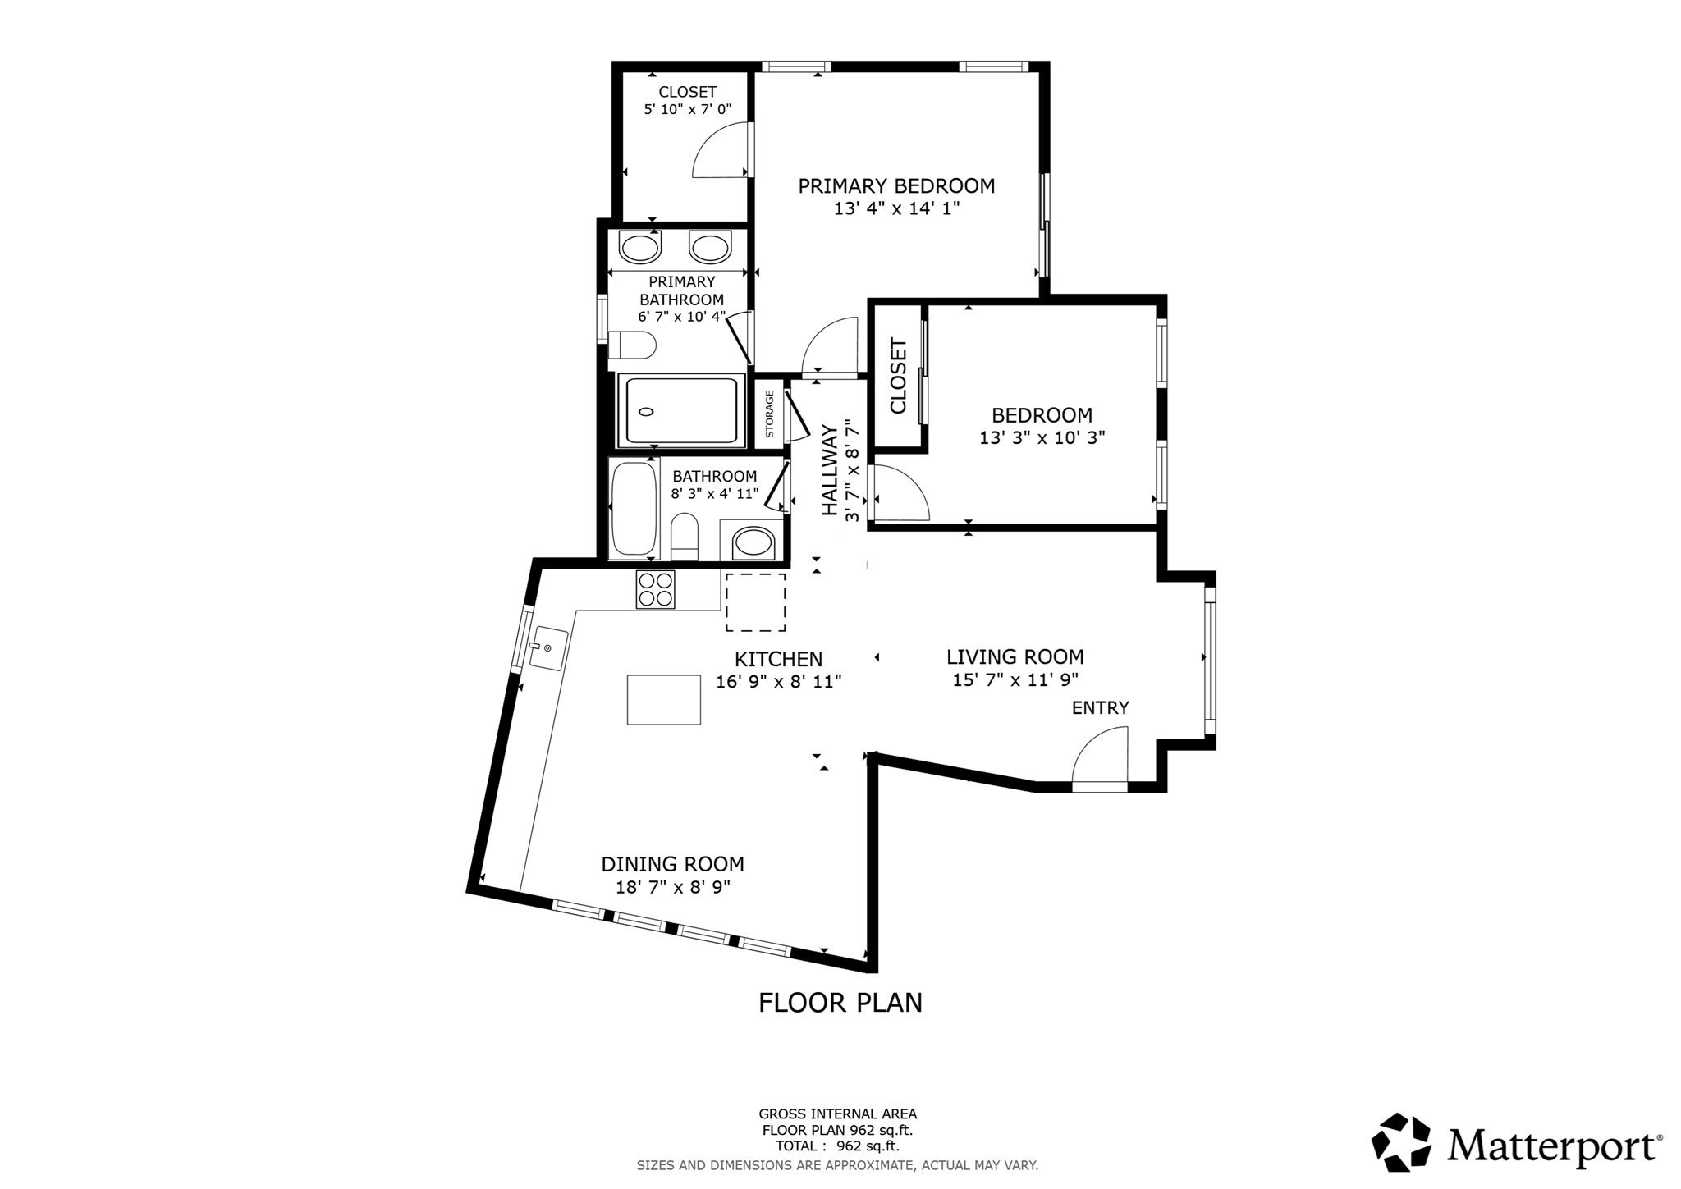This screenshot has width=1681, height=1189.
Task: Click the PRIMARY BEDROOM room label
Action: pyautogui.click(x=896, y=186)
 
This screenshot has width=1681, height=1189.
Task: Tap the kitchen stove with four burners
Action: pyautogui.click(x=655, y=589)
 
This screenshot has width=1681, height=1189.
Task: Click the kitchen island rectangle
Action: pyautogui.click(x=663, y=699)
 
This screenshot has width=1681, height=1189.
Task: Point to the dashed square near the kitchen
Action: pyautogui.click(x=755, y=602)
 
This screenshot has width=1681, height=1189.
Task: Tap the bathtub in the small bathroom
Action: pyautogui.click(x=634, y=508)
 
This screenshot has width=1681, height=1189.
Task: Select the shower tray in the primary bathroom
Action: pyautogui.click(x=680, y=410)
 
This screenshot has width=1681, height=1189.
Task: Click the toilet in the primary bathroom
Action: pyautogui.click(x=632, y=345)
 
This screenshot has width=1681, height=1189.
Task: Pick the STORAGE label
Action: pyautogui.click(x=770, y=414)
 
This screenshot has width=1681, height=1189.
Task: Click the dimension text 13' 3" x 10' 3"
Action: pyautogui.click(x=1042, y=438)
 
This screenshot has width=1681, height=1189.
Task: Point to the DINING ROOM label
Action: pyautogui.click(x=672, y=864)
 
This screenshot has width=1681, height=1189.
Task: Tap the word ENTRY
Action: pyautogui.click(x=1100, y=707)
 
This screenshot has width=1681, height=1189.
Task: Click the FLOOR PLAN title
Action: pyautogui.click(x=840, y=1003)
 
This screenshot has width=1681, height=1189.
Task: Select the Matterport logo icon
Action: pyautogui.click(x=1402, y=1141)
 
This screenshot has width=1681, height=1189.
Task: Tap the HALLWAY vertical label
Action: pyautogui.click(x=830, y=470)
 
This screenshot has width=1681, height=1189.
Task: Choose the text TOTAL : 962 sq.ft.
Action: pyautogui.click(x=837, y=1146)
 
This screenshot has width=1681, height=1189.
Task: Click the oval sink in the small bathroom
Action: pyautogui.click(x=753, y=542)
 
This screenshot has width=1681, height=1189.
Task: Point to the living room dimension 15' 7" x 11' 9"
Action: pyautogui.click(x=1015, y=679)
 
